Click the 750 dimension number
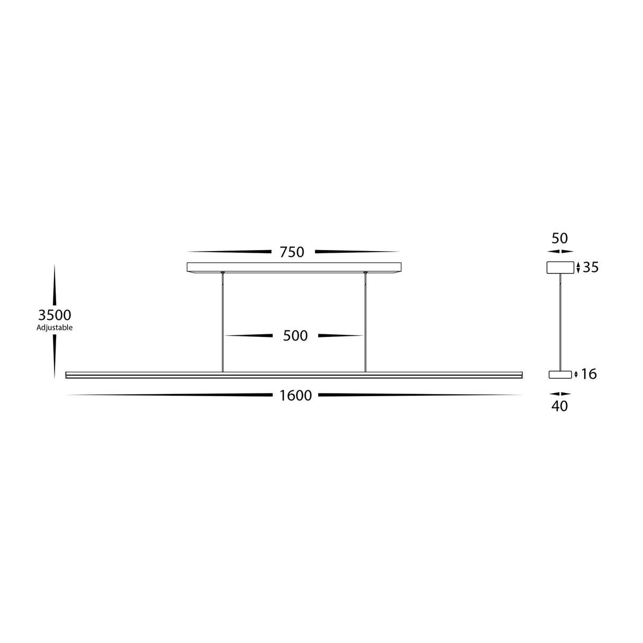click(x=292, y=252)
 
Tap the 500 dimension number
click(x=295, y=336)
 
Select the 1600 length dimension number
click(x=296, y=396)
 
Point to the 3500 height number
click(x=55, y=316)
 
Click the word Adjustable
click(x=55, y=328)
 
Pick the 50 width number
click(x=560, y=238)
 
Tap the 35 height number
click(x=591, y=267)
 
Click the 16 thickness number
click(x=588, y=374)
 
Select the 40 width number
click(x=560, y=406)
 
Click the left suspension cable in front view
click(x=223, y=323)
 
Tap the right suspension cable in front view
click(x=365, y=323)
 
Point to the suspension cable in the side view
click(x=560, y=323)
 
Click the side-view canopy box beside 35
click(x=560, y=267)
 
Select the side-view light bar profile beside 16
click(x=560, y=375)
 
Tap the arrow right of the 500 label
click(x=340, y=336)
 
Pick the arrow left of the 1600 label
click(x=169, y=395)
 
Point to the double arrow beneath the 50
click(x=560, y=252)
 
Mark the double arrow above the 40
click(x=560, y=394)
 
